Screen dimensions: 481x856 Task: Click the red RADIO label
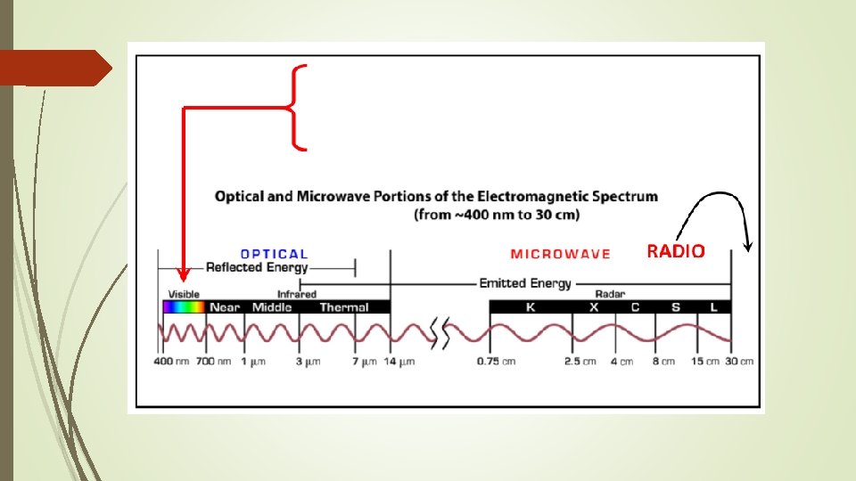click(676, 252)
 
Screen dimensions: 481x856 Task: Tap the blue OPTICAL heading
click(274, 254)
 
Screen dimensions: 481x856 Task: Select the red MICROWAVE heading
click(560, 254)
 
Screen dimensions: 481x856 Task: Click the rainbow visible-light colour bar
click(184, 307)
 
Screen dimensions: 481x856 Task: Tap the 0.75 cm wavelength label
click(496, 362)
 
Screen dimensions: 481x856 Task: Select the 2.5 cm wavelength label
click(580, 362)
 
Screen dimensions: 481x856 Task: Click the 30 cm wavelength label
click(738, 362)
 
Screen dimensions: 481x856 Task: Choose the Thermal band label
click(343, 307)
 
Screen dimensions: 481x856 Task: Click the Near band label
click(226, 307)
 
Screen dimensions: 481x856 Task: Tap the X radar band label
click(595, 307)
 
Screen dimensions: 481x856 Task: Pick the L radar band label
click(713, 307)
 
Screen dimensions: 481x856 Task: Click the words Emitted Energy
click(525, 283)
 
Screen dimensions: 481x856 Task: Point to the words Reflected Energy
click(257, 267)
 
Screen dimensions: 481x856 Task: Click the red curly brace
click(298, 107)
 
